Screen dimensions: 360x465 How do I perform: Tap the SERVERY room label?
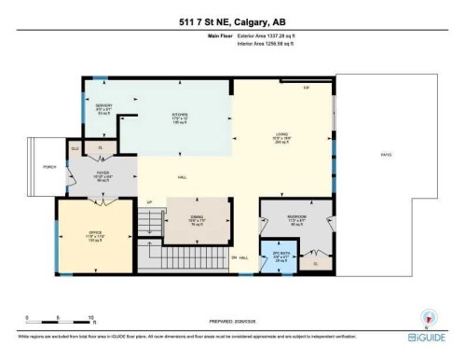[x=103, y=105]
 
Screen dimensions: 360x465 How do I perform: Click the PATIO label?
[x=384, y=155]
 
